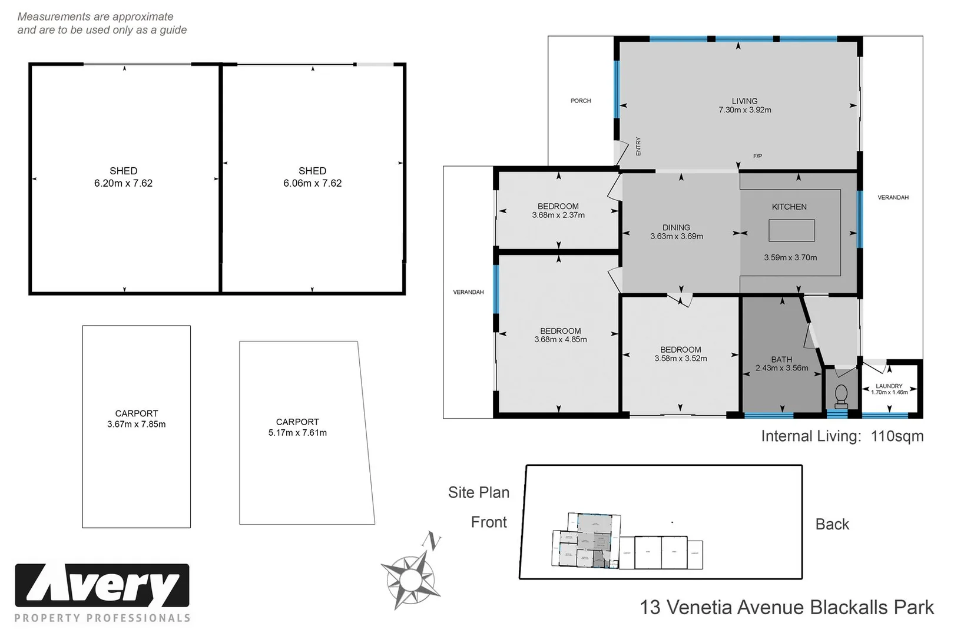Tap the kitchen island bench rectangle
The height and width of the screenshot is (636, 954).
(x=791, y=230)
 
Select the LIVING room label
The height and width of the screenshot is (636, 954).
(x=744, y=101)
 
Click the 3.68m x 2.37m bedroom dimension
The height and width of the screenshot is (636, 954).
(x=558, y=216)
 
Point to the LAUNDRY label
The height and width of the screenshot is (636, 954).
(x=889, y=386)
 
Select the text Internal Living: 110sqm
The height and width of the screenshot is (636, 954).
(x=842, y=436)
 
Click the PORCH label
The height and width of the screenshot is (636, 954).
(x=581, y=101)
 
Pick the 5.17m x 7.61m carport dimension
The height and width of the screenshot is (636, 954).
(x=297, y=433)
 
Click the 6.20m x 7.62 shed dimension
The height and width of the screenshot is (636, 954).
(x=123, y=183)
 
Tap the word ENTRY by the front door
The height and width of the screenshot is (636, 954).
(x=638, y=146)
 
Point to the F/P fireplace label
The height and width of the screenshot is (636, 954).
(x=757, y=156)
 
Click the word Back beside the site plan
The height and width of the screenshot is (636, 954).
(x=832, y=524)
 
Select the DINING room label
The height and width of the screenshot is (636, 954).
(x=676, y=227)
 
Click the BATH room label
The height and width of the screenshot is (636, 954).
(x=781, y=359)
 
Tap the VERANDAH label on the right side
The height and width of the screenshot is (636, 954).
(x=893, y=197)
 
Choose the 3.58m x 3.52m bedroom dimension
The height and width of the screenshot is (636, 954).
(x=680, y=359)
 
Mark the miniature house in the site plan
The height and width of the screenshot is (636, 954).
(x=587, y=541)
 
